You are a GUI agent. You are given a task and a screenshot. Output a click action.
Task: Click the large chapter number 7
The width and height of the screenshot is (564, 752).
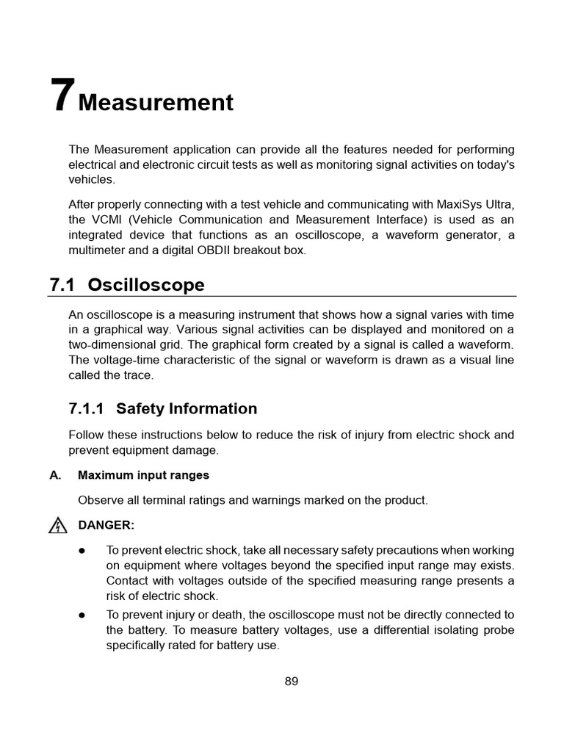62,95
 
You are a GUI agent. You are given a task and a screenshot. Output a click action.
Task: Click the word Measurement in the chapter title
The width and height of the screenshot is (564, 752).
156,102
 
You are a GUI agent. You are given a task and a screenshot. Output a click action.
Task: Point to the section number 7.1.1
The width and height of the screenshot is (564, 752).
87,408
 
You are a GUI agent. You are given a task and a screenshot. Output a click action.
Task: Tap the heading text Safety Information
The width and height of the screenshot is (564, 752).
187,408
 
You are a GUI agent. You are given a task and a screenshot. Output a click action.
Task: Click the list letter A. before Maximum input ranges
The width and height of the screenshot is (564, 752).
55,475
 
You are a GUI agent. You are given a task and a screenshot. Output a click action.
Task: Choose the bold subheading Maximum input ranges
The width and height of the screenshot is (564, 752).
143,475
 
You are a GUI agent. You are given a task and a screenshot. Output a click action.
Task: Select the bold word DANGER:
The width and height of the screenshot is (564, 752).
106,526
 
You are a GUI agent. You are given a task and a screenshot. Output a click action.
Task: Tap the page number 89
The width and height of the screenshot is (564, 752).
292,681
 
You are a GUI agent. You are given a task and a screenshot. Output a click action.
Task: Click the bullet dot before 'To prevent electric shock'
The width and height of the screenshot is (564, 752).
82,550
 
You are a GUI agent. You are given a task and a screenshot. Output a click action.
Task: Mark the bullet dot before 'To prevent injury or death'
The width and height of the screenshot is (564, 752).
82,615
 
